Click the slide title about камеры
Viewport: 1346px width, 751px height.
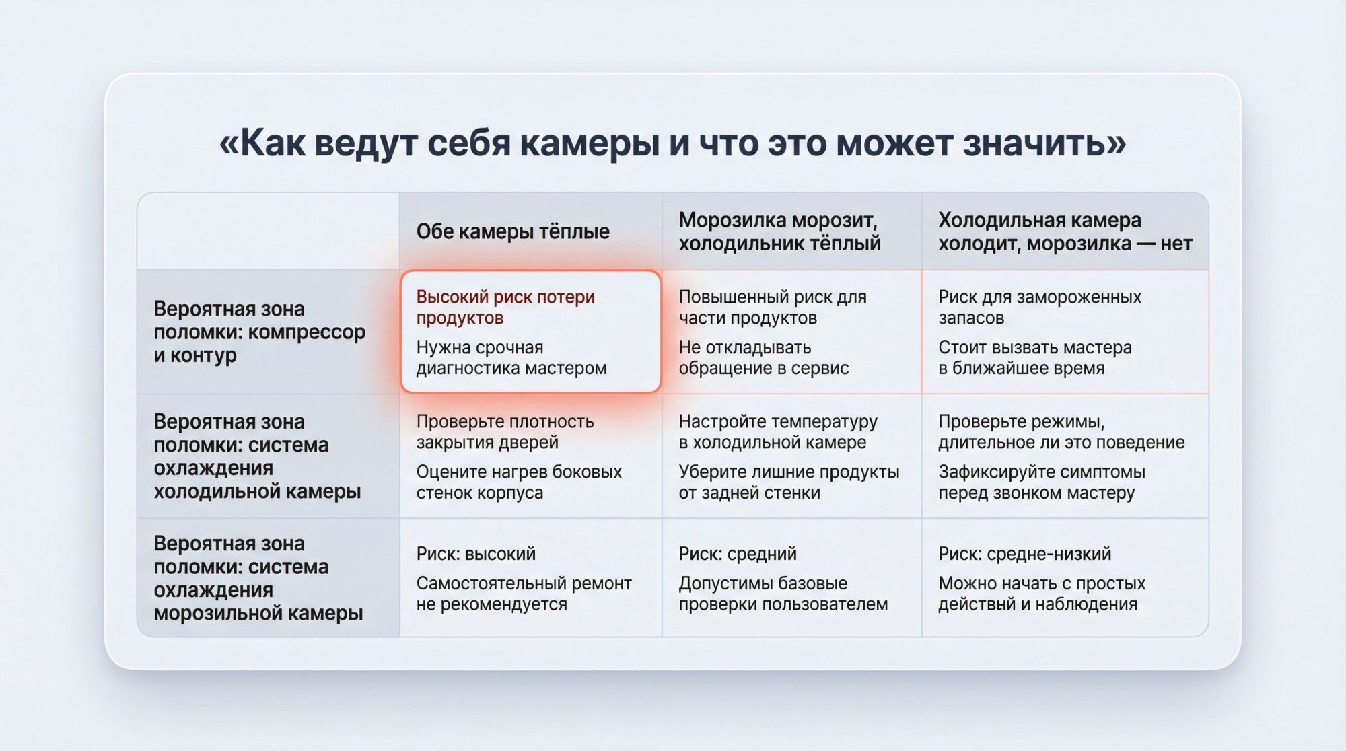[x=673, y=143]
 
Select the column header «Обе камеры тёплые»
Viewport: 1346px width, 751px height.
[x=513, y=231]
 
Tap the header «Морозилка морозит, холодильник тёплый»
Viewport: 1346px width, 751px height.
[x=779, y=231]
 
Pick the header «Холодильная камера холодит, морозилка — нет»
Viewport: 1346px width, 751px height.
[x=1065, y=231]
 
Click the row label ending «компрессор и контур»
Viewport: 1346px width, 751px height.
[x=259, y=332]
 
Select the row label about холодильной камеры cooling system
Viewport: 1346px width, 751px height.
[x=257, y=456]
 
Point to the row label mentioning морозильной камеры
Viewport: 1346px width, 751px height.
[x=258, y=578]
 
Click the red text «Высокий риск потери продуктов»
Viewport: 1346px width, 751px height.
[x=505, y=307]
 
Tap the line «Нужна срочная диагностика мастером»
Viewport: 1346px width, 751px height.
[x=511, y=358]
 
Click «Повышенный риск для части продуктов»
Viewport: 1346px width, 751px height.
[x=772, y=307]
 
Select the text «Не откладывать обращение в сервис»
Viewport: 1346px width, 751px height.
[x=763, y=358]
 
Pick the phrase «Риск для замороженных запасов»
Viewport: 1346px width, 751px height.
[x=1039, y=307]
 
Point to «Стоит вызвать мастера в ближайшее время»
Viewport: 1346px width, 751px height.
[x=1034, y=358]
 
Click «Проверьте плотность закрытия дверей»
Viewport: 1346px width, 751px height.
[x=505, y=431]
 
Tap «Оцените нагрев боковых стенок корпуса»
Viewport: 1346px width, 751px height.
[x=518, y=482]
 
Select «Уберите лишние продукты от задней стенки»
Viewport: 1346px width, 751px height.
[x=788, y=482]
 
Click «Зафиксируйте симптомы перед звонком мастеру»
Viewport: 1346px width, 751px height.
[x=1041, y=482]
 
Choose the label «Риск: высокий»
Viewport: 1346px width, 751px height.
[x=476, y=554]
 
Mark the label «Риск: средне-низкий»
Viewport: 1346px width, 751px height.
[x=1024, y=554]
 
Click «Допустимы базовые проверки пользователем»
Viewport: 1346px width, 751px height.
[x=783, y=594]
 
